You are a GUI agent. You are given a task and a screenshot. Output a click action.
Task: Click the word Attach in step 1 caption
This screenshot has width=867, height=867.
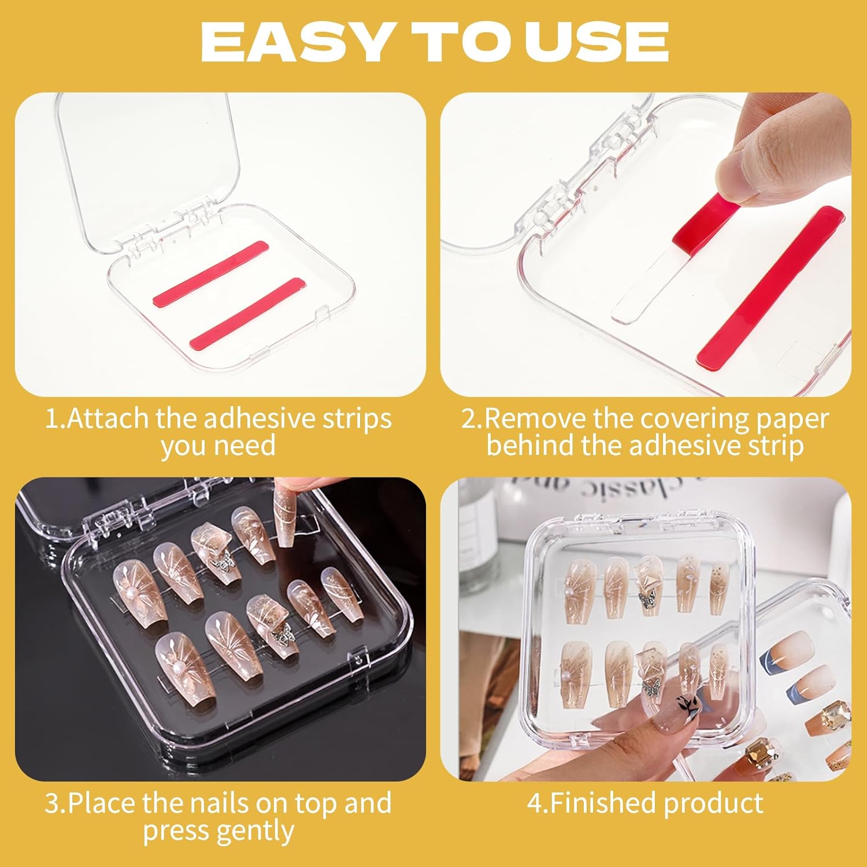point(108,418)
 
